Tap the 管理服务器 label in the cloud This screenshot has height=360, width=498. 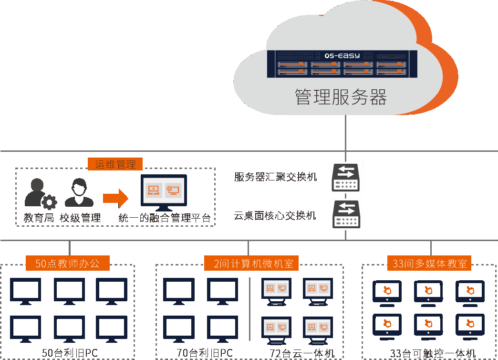click(341, 96)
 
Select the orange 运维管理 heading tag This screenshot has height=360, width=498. click(115, 165)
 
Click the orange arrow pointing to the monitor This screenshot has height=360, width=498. click(115, 197)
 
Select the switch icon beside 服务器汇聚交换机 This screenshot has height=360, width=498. click(347, 177)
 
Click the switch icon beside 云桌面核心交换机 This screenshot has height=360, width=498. click(347, 214)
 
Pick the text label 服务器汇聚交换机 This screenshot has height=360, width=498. click(276, 177)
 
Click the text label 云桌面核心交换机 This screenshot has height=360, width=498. click(275, 216)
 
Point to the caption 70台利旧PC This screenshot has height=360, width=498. click(205, 354)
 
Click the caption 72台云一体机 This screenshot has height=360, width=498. click(302, 354)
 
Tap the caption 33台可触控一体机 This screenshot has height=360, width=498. click(433, 354)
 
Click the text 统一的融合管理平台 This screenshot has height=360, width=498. click(165, 219)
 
